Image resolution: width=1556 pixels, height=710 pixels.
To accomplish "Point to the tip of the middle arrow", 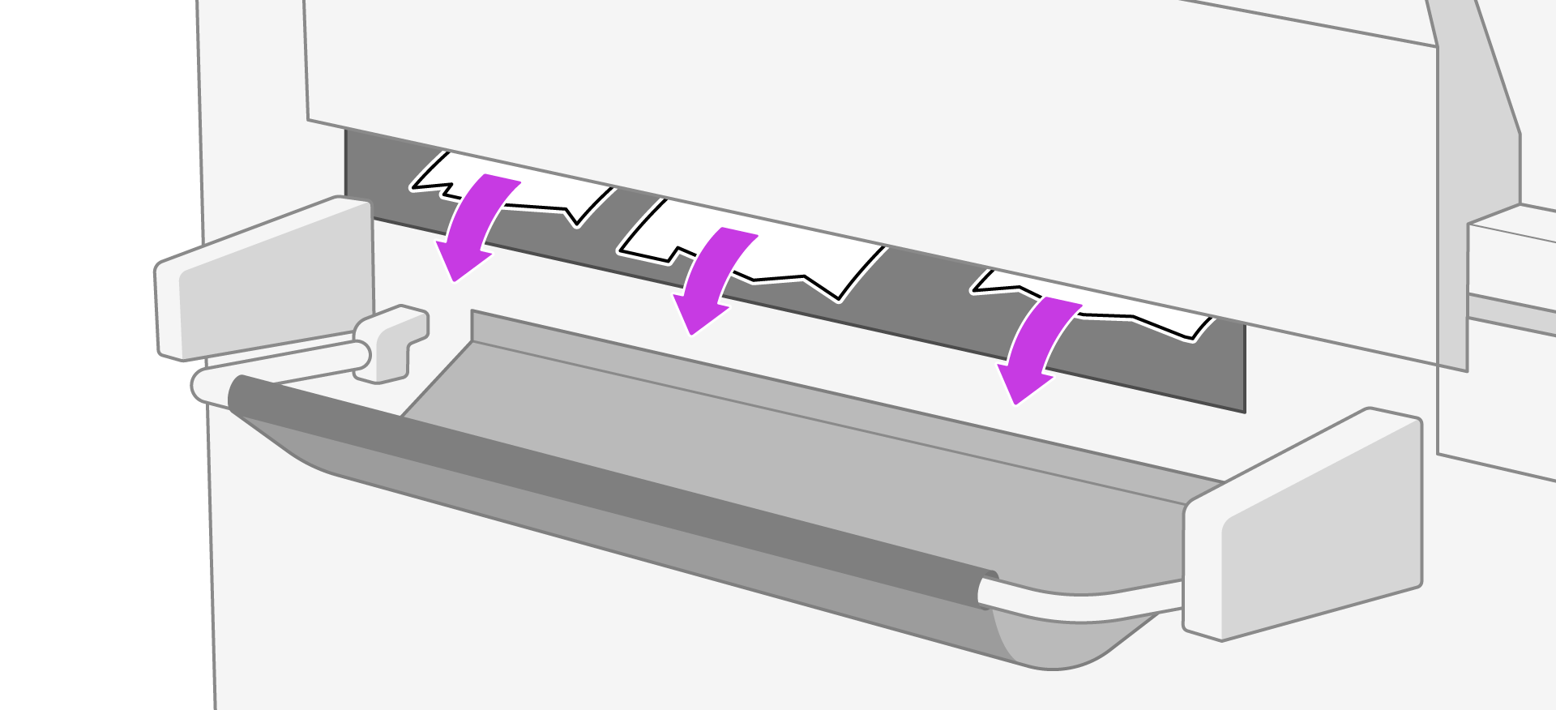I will click(x=691, y=331).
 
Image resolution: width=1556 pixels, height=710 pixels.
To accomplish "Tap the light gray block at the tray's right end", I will click(x=1305, y=527).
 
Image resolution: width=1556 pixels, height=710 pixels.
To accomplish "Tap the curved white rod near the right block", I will click(x=1078, y=604).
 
